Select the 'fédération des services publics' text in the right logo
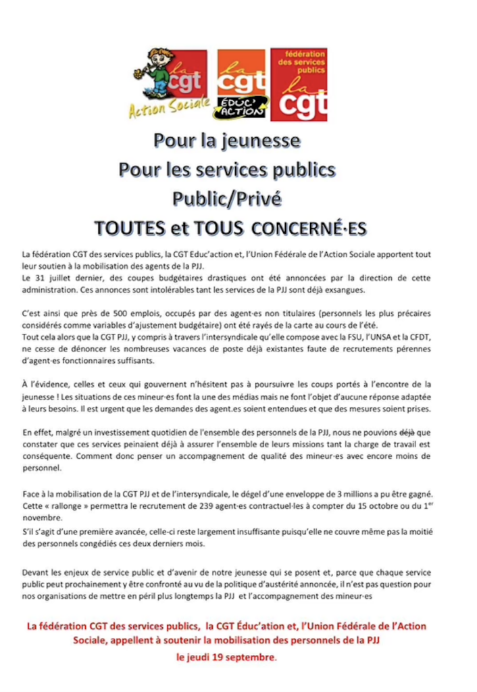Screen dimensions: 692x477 (299, 63)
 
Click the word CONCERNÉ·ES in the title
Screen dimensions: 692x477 (308, 228)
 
